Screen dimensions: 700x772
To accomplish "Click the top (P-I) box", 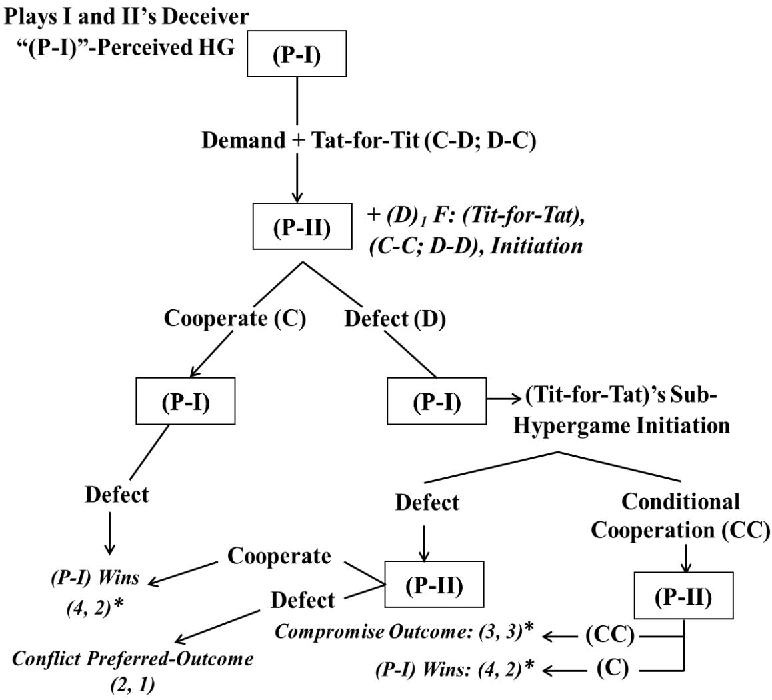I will pos(295,55).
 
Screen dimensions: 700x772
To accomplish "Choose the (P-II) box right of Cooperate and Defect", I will pos(433,585).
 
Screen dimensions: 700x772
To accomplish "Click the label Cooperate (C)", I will pos(235,319).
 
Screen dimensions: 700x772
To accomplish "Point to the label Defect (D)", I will pos(395,319).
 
